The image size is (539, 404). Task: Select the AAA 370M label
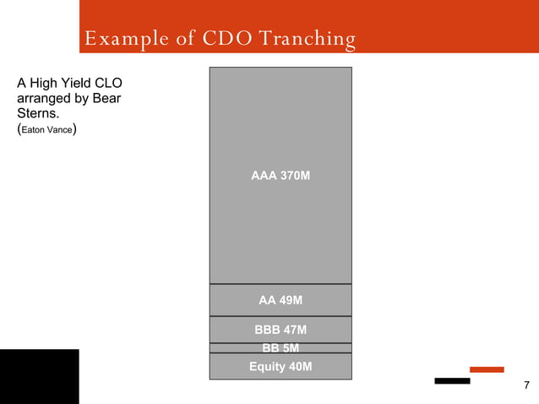coord(280,176)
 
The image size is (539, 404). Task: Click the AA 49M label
coord(280,300)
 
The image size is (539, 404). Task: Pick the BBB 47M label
coord(280,330)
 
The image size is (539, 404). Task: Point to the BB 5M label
coord(280,347)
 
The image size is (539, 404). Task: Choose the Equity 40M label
coord(280,366)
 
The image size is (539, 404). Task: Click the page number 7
coord(526,386)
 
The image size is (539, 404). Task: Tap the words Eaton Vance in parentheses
coord(48,131)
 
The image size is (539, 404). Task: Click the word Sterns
coord(38,114)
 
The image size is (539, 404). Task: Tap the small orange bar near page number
coord(487,369)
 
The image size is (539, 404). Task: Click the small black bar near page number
coord(452,380)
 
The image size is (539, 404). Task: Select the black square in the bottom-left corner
coord(39,376)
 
